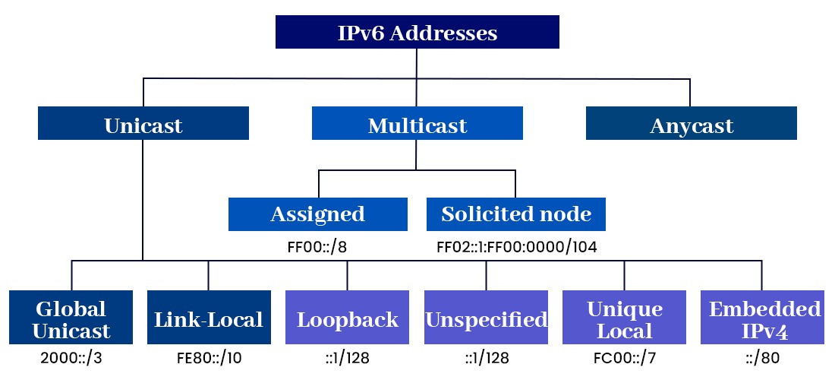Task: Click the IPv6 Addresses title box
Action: [417, 33]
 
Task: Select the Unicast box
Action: [143, 124]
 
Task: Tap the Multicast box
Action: [417, 124]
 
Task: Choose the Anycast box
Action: [691, 124]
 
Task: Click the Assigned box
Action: [318, 214]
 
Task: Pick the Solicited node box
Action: [516, 214]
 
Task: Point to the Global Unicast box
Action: [71, 319]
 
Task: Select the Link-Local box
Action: [209, 319]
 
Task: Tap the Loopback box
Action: [348, 319]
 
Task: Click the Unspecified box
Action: [486, 319]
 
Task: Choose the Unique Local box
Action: [624, 319]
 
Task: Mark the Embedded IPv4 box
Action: [762, 319]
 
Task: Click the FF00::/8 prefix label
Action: [318, 246]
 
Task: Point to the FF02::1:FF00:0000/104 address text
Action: [516, 246]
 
